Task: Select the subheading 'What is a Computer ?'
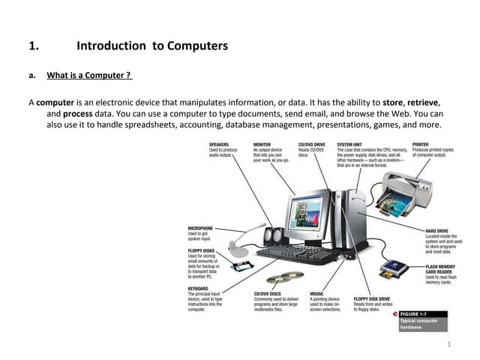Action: (89, 75)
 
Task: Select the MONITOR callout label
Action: (262, 143)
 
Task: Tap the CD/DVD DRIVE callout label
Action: (312, 143)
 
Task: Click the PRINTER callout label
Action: (421, 143)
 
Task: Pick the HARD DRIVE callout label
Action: (437, 230)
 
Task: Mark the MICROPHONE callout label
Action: (200, 228)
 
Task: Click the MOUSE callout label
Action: (318, 293)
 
